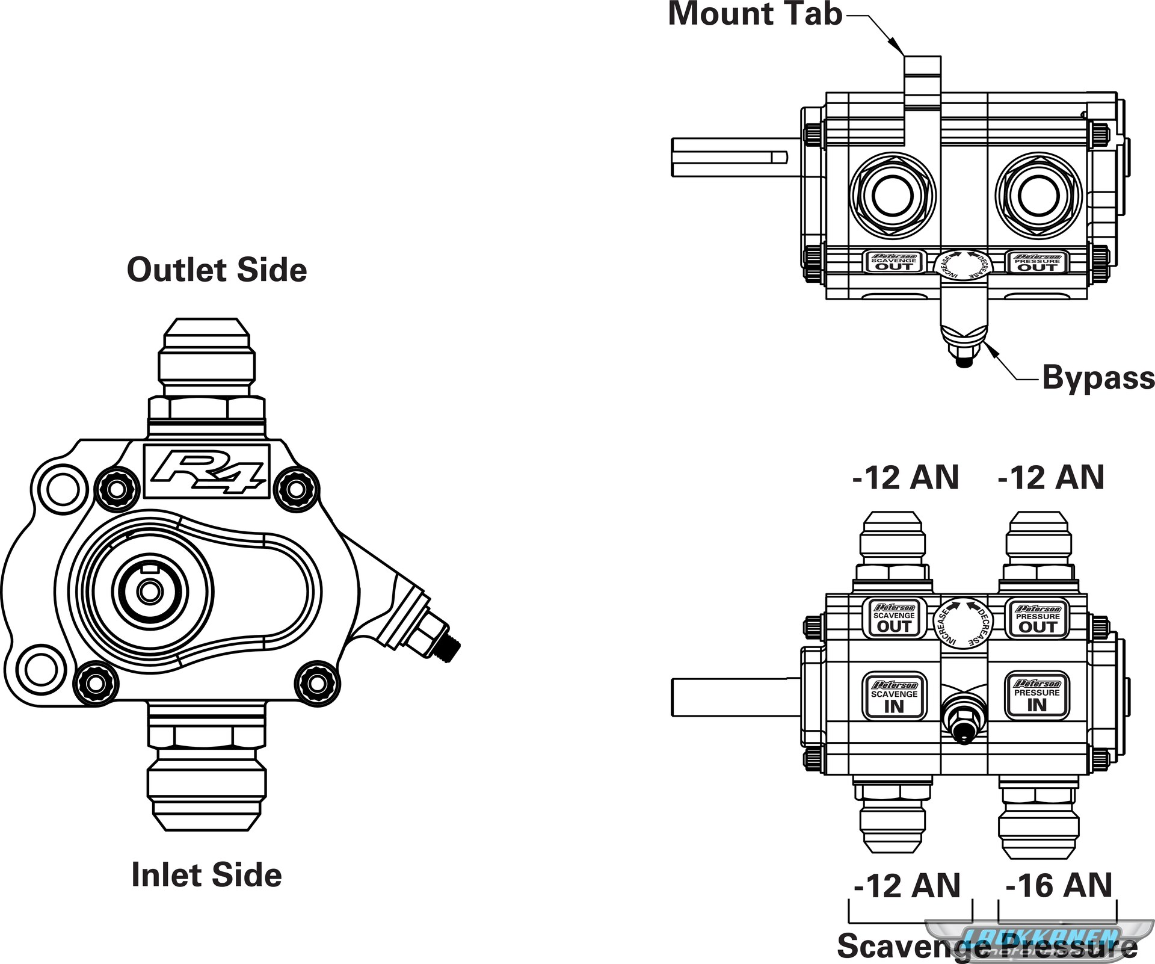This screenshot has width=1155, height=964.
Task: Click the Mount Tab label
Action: [755, 14]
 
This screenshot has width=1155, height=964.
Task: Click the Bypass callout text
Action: [1098, 378]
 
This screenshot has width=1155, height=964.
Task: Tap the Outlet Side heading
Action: [217, 270]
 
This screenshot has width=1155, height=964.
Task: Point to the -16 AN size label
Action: [1059, 885]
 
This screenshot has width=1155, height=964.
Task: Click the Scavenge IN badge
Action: [895, 696]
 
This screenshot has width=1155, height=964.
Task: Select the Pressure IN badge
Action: [1036, 695]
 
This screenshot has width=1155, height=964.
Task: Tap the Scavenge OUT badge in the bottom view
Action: [895, 618]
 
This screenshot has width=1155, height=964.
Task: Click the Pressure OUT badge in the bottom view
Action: [1038, 618]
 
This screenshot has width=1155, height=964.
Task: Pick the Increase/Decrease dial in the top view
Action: [964, 265]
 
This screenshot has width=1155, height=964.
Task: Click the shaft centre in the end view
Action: [149, 592]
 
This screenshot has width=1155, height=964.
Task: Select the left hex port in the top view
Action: [892, 195]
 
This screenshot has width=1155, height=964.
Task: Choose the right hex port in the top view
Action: [1038, 195]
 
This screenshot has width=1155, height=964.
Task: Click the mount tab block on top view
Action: [923, 82]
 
